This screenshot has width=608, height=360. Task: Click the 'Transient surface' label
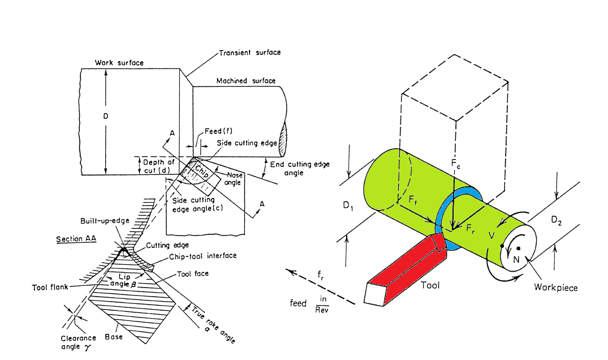(x=249, y=53)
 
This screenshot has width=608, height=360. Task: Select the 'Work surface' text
(x=119, y=63)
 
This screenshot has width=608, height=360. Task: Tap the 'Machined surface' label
(x=247, y=81)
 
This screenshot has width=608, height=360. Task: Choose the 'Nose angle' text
(x=234, y=179)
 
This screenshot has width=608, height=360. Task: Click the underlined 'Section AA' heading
(x=76, y=239)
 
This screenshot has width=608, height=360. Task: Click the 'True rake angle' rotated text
(x=213, y=320)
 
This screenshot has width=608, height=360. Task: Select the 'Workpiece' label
(x=556, y=288)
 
